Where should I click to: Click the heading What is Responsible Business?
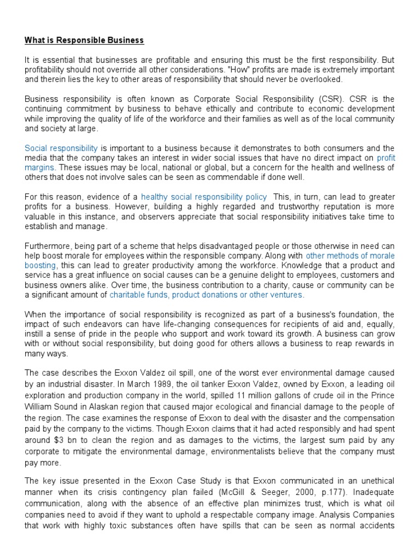click(x=84, y=40)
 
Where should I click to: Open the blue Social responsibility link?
click(x=61, y=148)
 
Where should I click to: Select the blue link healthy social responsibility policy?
click(x=204, y=197)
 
